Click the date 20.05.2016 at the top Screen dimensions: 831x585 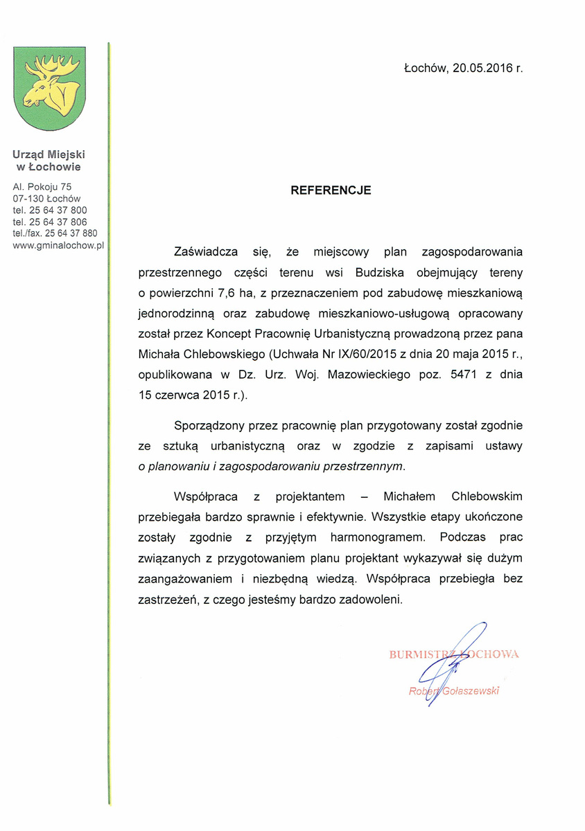point(483,69)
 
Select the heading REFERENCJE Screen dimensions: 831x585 point(331,190)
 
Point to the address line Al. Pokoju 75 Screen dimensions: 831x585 point(42,186)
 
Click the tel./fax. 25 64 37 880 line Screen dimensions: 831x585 point(55,233)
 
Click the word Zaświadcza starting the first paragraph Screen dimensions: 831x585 point(207,251)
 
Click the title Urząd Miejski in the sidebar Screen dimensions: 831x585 point(49,155)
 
